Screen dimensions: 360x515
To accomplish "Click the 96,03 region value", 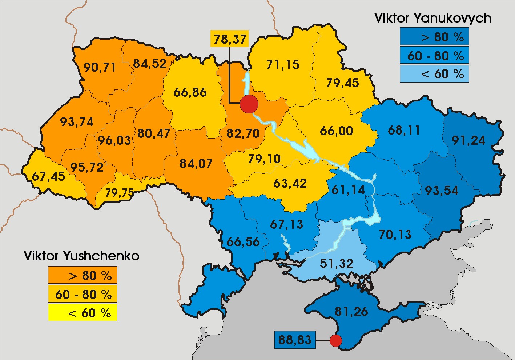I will [114, 140].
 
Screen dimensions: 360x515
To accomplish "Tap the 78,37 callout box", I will [230, 39].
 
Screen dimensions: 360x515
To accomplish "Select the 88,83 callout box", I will [295, 340].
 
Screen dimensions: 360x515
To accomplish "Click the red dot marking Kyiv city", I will [249, 104].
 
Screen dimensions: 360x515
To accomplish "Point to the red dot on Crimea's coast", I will [336, 341].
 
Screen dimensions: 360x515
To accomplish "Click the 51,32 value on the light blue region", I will [337, 263].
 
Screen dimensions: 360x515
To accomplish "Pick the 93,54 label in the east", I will [442, 190].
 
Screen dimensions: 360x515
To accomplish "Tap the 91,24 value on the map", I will [468, 140].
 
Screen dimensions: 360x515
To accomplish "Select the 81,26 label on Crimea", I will [351, 311].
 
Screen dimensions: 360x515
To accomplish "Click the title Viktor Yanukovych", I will [433, 18].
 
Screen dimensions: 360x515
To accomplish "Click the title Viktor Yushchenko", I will [82, 256].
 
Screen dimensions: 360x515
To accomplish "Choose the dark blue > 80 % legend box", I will [434, 37].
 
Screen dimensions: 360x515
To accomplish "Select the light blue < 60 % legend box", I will [434, 74].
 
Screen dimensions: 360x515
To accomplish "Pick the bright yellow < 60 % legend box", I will [83, 313].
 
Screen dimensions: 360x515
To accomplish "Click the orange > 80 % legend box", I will [83, 275].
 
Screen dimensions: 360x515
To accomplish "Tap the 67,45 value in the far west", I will [48, 176].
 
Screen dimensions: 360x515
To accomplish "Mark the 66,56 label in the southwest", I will [243, 241].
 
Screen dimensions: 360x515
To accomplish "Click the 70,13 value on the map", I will [395, 235].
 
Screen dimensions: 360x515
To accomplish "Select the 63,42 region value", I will [290, 183].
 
